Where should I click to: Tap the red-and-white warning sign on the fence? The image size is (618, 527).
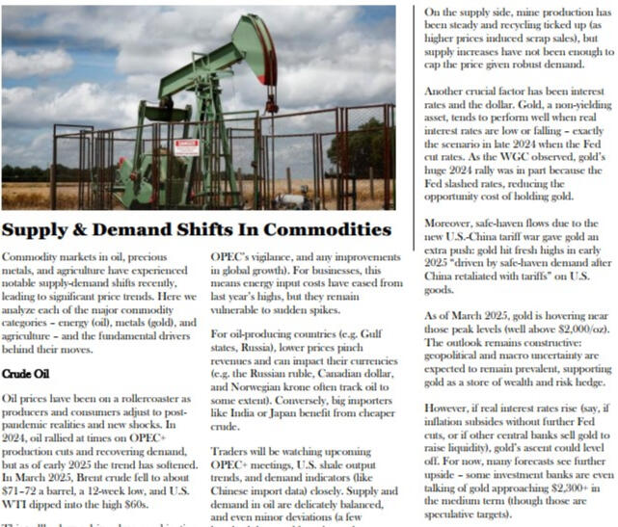tap(188, 147)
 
